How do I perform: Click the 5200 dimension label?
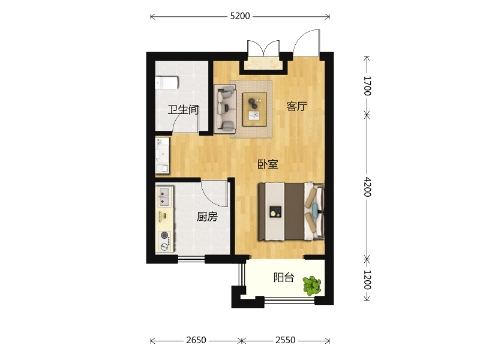point(240,16)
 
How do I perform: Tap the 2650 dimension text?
point(196,340)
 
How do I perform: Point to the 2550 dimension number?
point(286,340)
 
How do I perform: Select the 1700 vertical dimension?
point(367,86)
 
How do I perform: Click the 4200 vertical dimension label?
point(367,187)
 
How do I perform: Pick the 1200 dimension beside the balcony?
point(367,280)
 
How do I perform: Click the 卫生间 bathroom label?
point(183,109)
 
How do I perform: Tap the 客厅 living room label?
point(296,106)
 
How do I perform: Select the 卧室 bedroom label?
point(268,164)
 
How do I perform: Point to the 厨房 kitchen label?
point(207,217)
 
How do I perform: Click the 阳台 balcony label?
point(284,277)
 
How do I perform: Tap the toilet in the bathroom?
point(167,83)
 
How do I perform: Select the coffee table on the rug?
point(254,109)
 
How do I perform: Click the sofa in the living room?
point(225,109)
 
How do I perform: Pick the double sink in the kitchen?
point(164,197)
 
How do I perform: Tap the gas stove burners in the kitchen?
point(164,241)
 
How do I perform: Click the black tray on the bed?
point(275,212)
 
